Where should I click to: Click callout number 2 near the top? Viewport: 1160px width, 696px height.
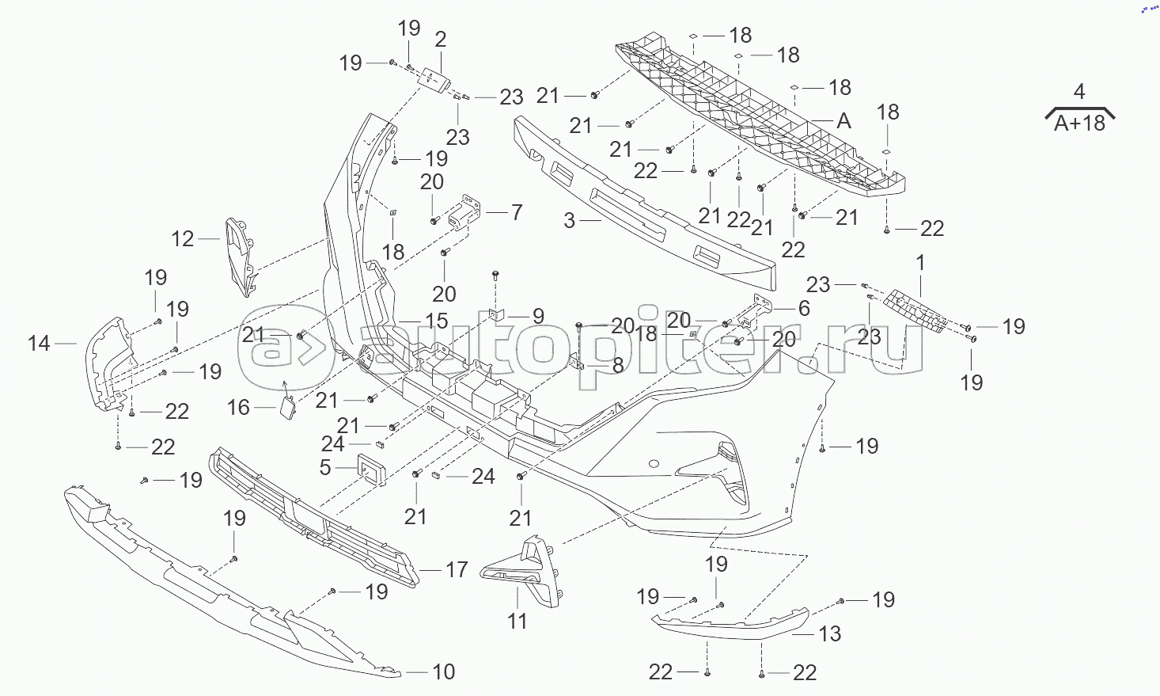441,40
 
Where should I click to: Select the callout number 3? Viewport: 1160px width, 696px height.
570,220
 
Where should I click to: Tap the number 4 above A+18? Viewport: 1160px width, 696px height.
1079,92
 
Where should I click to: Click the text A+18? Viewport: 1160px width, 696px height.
1079,124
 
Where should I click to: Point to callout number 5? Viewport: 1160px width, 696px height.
325,467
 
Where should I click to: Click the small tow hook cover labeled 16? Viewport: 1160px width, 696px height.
286,405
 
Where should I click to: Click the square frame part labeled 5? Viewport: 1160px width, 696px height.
370,469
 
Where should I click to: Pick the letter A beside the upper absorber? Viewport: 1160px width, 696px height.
843,121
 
